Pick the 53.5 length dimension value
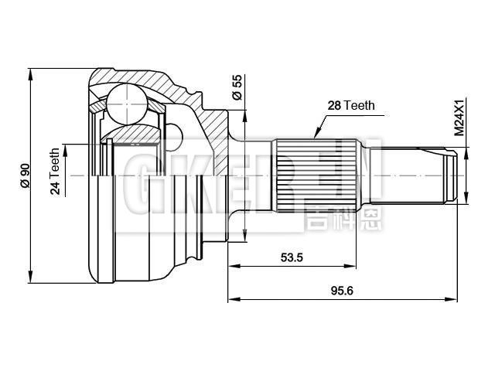coord(292,257)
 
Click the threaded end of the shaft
coord(447,176)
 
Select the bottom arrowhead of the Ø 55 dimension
coord(244,237)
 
